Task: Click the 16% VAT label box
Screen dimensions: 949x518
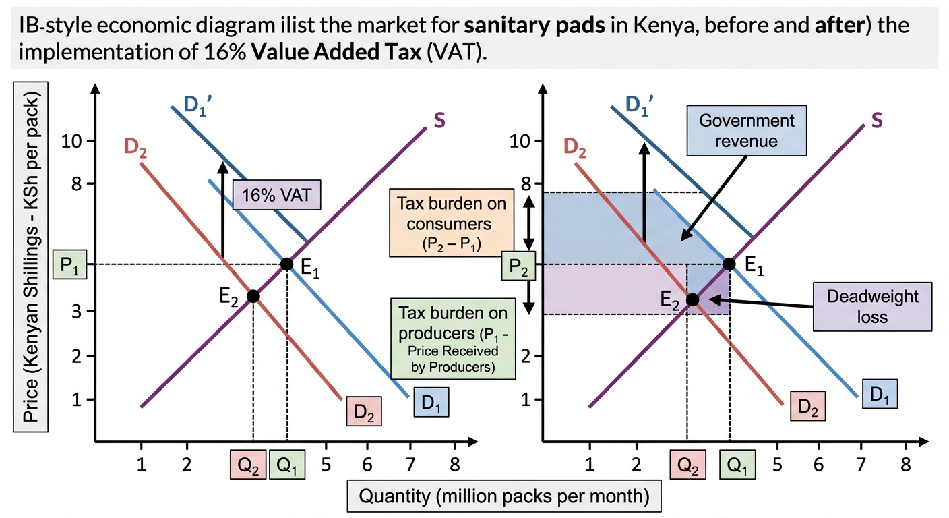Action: coord(276,195)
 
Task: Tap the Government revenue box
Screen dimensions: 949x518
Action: coord(747,131)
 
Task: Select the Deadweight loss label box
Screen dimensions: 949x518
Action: coord(872,306)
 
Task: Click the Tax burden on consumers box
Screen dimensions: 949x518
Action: coord(452,223)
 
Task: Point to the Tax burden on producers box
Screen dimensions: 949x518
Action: coord(453,339)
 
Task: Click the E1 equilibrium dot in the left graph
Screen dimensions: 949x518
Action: coord(287,264)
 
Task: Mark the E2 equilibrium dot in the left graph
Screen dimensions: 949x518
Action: coord(253,296)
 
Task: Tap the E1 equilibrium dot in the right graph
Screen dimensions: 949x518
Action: coord(729,264)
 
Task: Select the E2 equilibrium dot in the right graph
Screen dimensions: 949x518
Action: coord(692,299)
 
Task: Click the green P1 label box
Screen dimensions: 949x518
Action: coord(70,264)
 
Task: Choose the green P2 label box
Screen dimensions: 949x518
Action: coord(518,266)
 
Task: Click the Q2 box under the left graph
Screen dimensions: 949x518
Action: coord(248,465)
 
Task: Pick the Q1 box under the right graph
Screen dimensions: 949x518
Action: coord(737,465)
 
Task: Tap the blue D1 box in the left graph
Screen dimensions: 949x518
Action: coord(431,402)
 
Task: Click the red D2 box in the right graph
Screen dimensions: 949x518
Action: coord(808,406)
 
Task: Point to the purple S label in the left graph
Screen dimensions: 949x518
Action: coord(439,121)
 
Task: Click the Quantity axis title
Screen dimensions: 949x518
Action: coord(504,496)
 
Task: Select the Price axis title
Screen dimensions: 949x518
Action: coord(30,257)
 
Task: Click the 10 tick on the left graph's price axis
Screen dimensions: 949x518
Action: coord(71,141)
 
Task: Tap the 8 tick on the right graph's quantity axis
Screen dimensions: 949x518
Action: coord(905,465)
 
